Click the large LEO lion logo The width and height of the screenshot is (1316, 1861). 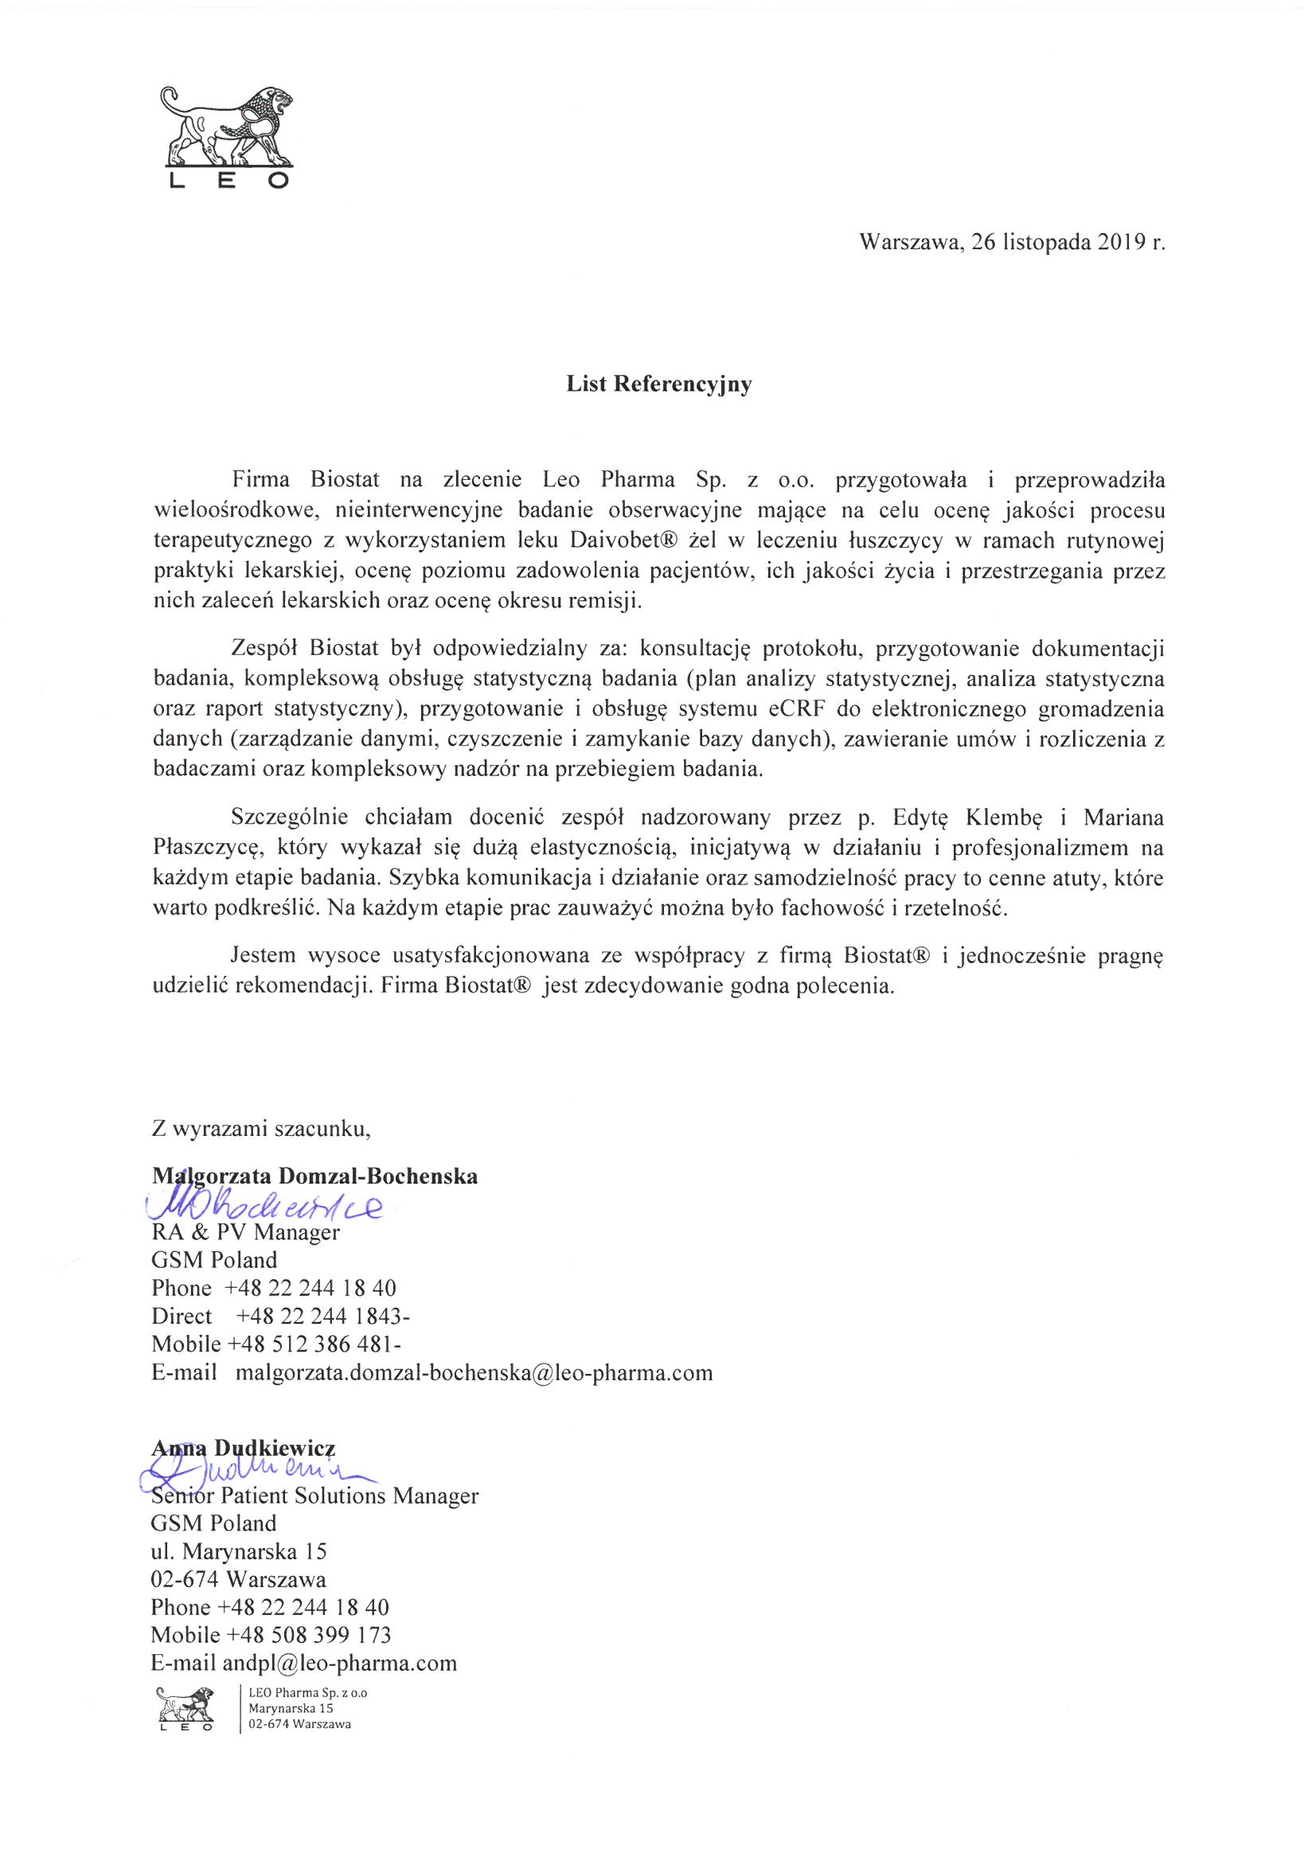(x=228, y=137)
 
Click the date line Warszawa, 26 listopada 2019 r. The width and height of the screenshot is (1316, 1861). (x=1012, y=242)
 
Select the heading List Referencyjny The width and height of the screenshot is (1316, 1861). (x=658, y=384)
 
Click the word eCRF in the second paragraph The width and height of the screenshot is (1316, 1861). (x=795, y=709)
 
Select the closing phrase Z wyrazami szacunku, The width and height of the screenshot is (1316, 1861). (x=261, y=1128)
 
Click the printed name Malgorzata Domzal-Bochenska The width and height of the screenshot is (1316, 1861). (x=314, y=1176)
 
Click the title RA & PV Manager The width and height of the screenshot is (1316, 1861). (x=246, y=1233)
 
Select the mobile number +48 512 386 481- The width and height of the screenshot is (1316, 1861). (x=314, y=1344)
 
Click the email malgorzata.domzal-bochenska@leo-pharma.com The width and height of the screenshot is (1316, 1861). (x=474, y=1373)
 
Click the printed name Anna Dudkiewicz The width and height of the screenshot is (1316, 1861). (x=244, y=1448)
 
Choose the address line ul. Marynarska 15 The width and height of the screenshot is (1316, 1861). (x=239, y=1551)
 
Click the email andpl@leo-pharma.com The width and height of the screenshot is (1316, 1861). (x=340, y=1664)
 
